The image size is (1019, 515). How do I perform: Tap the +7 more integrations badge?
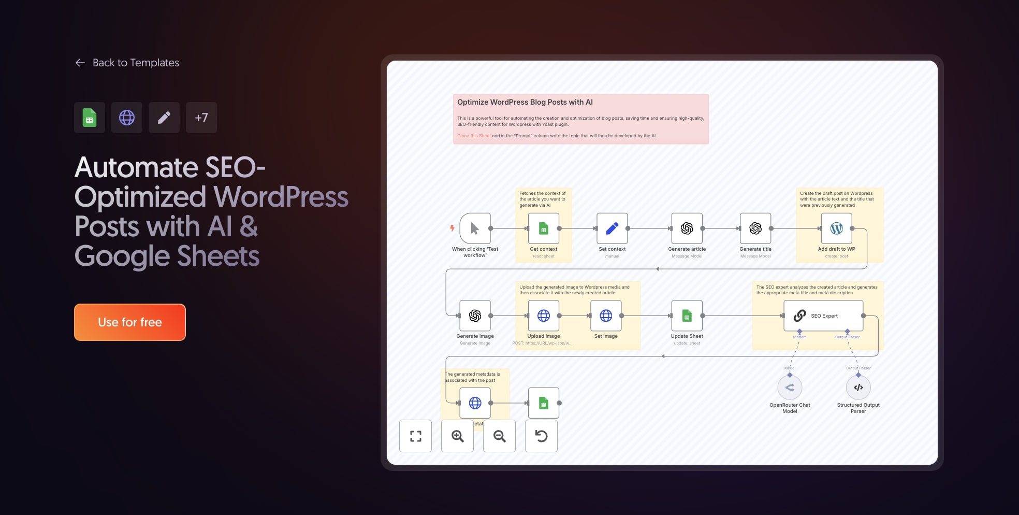[x=201, y=118]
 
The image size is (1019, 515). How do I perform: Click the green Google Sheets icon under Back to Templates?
[x=90, y=118]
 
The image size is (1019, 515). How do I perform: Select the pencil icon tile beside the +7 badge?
[x=164, y=118]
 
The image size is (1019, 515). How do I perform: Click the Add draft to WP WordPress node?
[x=836, y=228]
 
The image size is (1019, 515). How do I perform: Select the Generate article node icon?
[x=687, y=228]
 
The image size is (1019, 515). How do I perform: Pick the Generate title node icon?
[x=755, y=228]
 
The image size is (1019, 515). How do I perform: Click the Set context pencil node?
[x=612, y=228]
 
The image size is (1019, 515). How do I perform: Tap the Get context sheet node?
[x=543, y=228]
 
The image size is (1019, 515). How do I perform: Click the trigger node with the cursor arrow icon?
[x=475, y=228]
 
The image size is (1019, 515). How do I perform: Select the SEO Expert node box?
[x=823, y=316]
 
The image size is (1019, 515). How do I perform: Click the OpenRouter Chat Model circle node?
[x=790, y=388]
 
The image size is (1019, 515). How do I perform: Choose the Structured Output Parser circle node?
[x=858, y=388]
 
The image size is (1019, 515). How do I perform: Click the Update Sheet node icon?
[x=687, y=316]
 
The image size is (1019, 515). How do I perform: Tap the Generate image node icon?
[x=475, y=316]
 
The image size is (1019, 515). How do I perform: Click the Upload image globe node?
[x=543, y=316]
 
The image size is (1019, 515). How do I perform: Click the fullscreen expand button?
[x=415, y=436]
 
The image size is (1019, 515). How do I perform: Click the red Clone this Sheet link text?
[x=474, y=136]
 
